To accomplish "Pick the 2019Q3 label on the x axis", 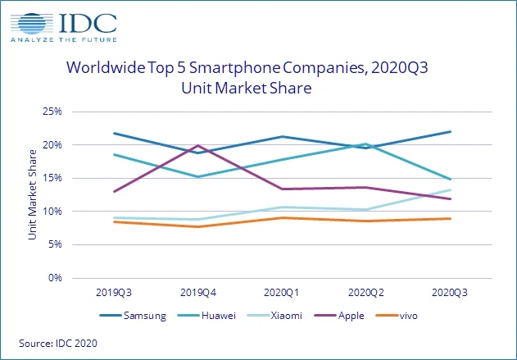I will pyautogui.click(x=113, y=291).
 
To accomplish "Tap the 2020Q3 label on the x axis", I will pyautogui.click(x=450, y=291).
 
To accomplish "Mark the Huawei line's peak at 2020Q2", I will pyautogui.click(x=365, y=144).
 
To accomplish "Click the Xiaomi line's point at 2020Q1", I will pyautogui.click(x=282, y=207).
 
